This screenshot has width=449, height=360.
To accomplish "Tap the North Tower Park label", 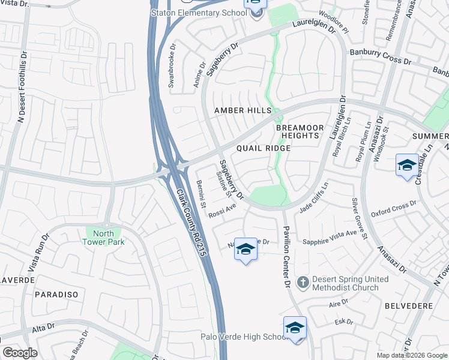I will (103, 238).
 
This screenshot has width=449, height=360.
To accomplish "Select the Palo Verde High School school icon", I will (295, 328).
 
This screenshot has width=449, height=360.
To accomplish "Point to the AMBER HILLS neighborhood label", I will (243, 111).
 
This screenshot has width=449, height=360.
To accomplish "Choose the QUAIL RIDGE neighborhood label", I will (261, 148).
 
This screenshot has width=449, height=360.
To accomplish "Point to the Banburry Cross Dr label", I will (381, 58).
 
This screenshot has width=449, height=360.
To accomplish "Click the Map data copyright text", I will (411, 355).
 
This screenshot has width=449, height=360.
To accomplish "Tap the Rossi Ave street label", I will (222, 211).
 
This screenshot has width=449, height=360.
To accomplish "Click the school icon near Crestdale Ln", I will (406, 166).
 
